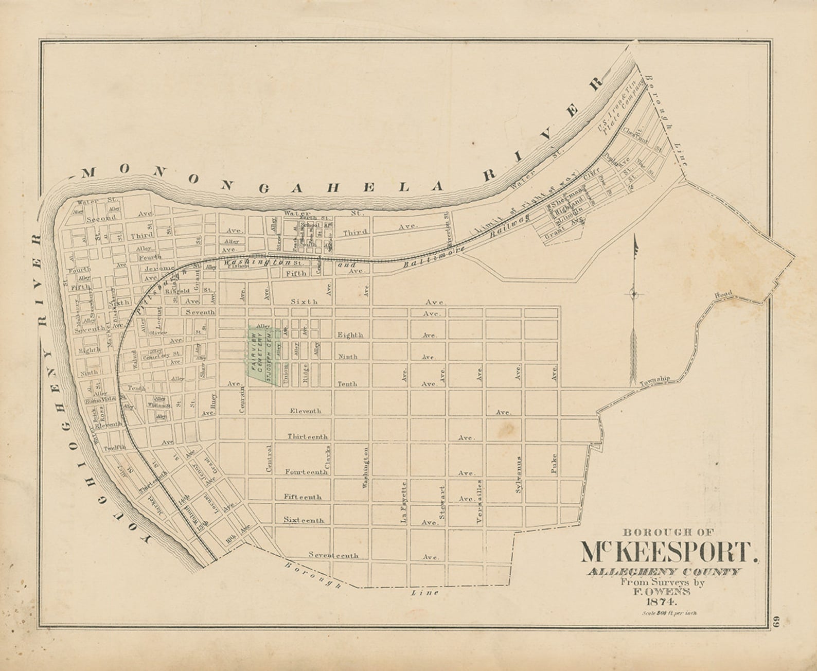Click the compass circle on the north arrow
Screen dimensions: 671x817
(634, 294)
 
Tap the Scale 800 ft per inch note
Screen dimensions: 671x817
(669, 613)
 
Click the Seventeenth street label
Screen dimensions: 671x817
(333, 555)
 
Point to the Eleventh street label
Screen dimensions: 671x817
(306, 411)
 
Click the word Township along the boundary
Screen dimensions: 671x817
(655, 381)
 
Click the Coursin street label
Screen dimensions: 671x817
(242, 400)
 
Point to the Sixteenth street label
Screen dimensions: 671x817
(304, 520)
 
